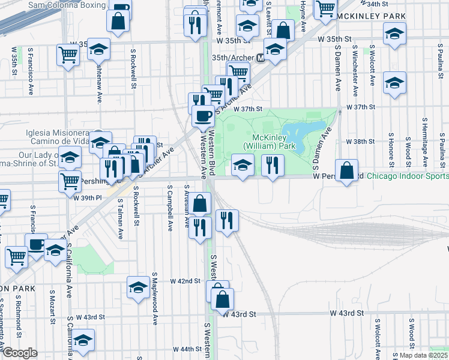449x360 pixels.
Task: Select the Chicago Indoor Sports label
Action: coord(407,176)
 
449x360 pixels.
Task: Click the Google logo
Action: coord(20,353)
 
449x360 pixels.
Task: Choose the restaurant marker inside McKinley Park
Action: coord(273,166)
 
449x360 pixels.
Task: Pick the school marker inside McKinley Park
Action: coord(242,166)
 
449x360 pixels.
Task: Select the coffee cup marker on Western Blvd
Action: coord(203,115)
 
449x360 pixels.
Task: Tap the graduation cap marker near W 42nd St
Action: coord(138,289)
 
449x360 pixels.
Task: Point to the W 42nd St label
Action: coord(185,281)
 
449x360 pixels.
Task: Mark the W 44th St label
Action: coord(187,349)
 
